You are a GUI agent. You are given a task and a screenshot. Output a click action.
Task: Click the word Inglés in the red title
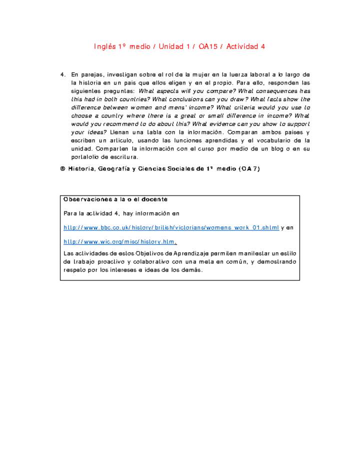click(x=104, y=46)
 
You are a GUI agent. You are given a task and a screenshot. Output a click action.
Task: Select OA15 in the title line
click(x=209, y=46)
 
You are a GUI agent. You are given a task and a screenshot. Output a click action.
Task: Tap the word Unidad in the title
click(x=171, y=46)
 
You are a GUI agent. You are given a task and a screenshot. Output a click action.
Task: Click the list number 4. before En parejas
click(x=63, y=74)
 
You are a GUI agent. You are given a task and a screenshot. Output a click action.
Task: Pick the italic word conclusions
click(x=180, y=99)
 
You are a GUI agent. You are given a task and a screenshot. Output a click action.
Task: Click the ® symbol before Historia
click(x=63, y=169)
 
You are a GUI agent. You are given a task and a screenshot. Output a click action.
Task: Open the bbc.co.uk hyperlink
click(x=171, y=227)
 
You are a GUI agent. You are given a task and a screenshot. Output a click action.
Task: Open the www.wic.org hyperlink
click(x=120, y=241)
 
